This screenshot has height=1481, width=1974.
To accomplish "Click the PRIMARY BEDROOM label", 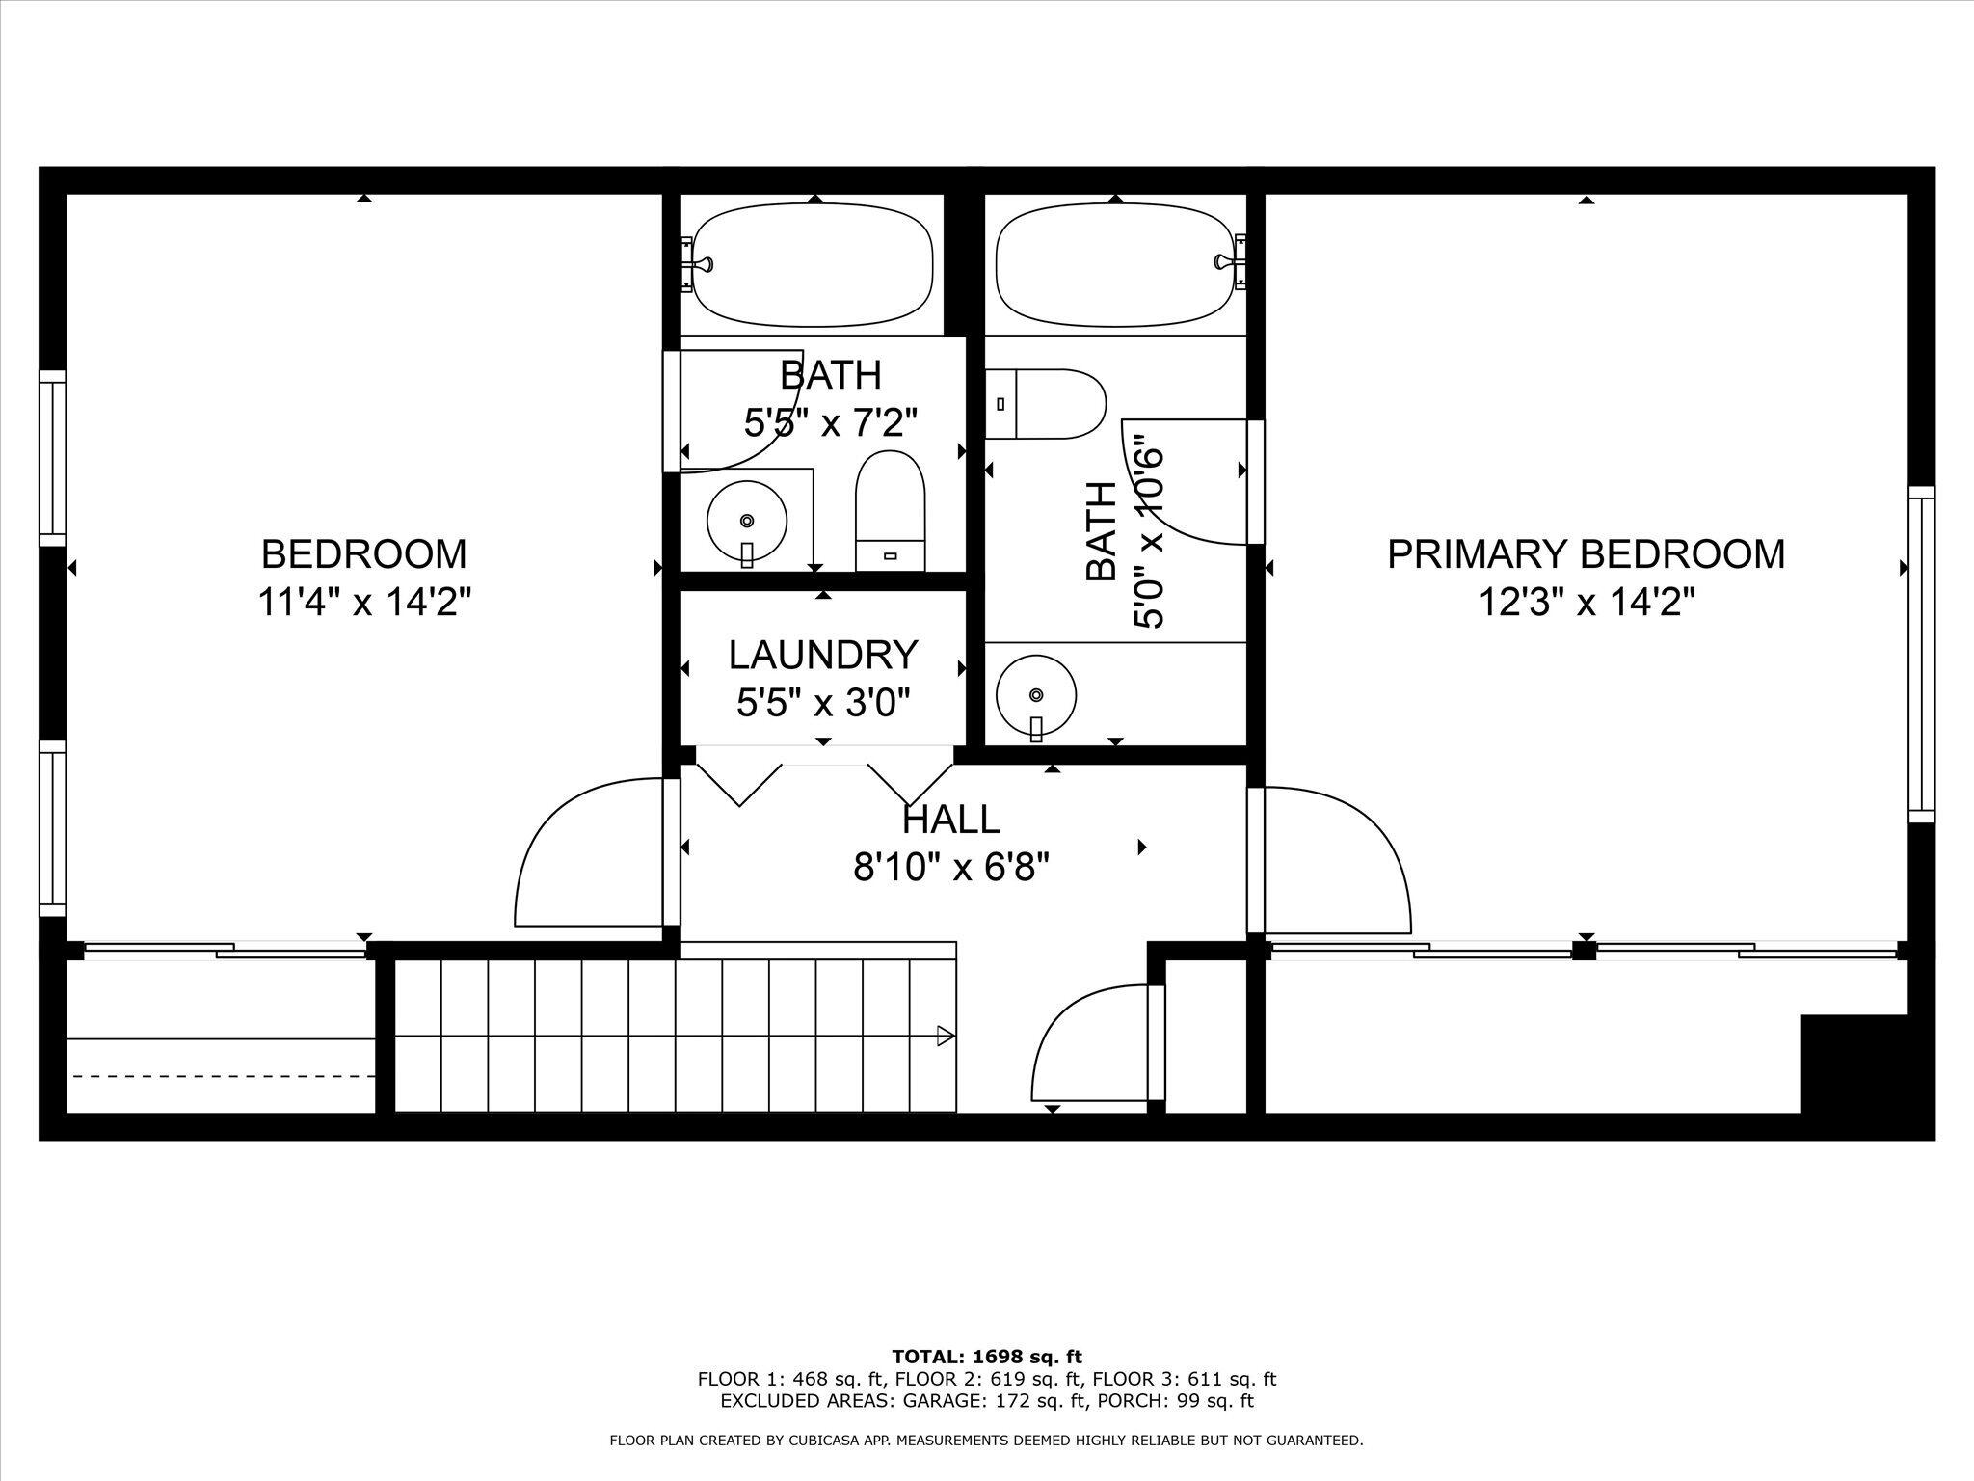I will [1586, 554].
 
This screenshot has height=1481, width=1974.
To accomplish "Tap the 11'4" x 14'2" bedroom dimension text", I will [363, 604].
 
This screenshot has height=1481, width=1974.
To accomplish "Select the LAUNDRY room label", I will [822, 655].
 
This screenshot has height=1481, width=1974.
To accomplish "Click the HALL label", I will [950, 820].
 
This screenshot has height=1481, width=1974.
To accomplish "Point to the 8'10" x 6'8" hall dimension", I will [950, 869].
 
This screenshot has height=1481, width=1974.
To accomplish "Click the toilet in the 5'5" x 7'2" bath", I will [890, 512].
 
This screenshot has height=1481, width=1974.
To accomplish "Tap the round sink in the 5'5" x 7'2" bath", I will [746, 521].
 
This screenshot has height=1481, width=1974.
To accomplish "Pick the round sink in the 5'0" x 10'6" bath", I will [1036, 695].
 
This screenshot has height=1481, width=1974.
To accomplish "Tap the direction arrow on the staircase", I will [945, 1037].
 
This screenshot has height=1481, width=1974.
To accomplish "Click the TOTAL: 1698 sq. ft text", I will [986, 1357].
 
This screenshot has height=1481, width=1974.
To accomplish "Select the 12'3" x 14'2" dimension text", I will [1586, 604].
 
